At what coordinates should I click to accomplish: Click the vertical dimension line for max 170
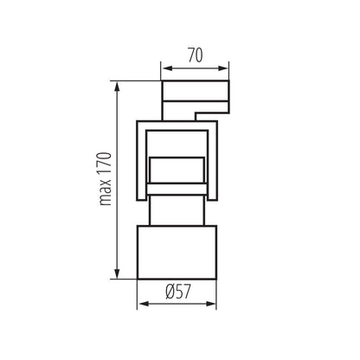tap(119, 178)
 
